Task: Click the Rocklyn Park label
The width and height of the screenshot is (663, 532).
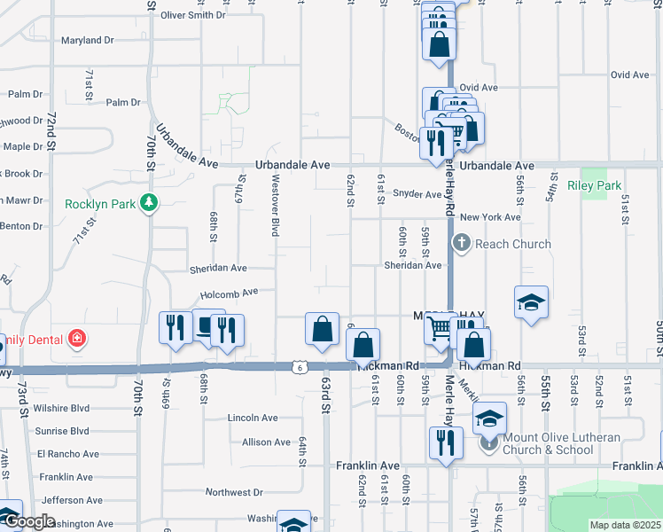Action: tap(100, 204)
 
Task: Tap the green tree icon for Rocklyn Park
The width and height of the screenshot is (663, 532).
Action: tap(149, 203)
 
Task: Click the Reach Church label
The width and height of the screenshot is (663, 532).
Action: tap(513, 244)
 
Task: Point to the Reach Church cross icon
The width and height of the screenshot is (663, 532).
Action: tap(461, 243)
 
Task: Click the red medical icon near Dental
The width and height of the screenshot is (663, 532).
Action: tap(77, 338)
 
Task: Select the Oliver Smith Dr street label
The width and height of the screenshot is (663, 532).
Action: tap(193, 15)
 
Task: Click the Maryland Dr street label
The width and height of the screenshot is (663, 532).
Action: tap(88, 40)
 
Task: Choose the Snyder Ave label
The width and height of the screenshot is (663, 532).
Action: tap(417, 194)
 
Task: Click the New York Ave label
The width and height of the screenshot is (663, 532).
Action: tap(489, 217)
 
